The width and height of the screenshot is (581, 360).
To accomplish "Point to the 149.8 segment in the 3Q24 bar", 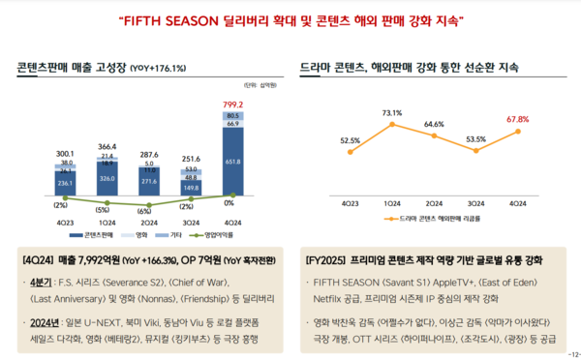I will (x=191, y=188).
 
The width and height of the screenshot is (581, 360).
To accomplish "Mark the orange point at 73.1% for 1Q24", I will (x=391, y=124).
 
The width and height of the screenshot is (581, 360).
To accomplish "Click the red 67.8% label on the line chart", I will (x=517, y=119).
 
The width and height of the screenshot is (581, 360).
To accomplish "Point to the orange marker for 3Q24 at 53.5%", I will (x=474, y=153).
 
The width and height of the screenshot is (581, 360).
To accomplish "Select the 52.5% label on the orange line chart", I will (x=350, y=140).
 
